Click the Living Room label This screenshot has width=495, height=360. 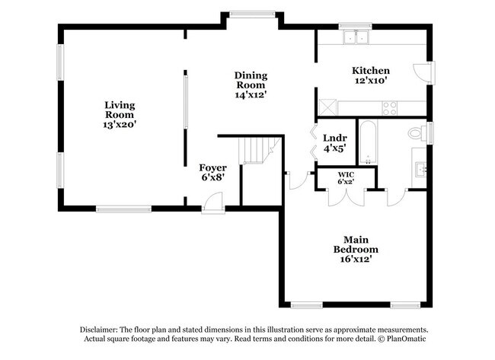[x=120, y=110]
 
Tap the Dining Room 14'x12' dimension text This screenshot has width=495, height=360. [x=251, y=94]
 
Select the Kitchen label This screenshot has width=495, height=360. [x=371, y=70]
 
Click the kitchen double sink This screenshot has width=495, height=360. [x=356, y=37]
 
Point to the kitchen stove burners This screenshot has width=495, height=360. [x=390, y=108]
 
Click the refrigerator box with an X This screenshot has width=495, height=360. [x=328, y=107]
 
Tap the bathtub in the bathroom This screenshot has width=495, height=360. [x=368, y=142]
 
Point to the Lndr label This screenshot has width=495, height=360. [x=335, y=138]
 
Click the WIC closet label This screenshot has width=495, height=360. [x=346, y=174]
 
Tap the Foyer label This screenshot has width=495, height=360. [x=212, y=167]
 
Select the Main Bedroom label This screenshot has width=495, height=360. [x=356, y=244]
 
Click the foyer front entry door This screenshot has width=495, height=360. [x=213, y=202]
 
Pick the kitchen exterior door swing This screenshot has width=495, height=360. [x=423, y=73]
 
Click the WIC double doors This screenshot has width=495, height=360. [x=346, y=198]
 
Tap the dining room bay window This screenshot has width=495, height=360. [x=252, y=14]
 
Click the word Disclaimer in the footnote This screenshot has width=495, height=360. [x=98, y=330]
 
